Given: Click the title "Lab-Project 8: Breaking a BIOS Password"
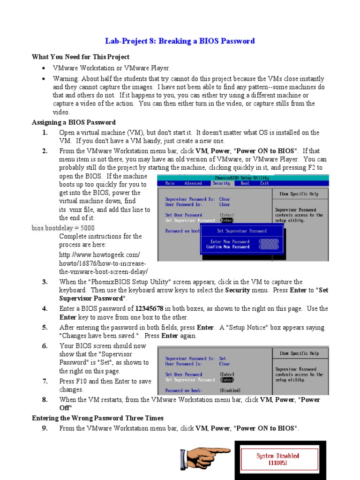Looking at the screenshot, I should pyautogui.click(x=180, y=41).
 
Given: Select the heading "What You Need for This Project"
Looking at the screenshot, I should pyautogui.click(x=80, y=57).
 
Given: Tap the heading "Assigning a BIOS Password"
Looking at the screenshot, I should pyautogui.click(x=74, y=122).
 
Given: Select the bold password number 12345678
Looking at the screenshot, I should pyautogui.click(x=149, y=308).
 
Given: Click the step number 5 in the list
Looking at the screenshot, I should pyautogui.click(x=45, y=327).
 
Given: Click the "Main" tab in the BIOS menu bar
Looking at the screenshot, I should pyautogui.click(x=170, y=183).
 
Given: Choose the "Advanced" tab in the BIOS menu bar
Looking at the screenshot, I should pyautogui.click(x=193, y=183).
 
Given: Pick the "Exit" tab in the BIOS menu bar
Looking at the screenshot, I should pyautogui.click(x=264, y=183).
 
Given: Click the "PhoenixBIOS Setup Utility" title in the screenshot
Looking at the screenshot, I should pyautogui.click(x=242, y=178).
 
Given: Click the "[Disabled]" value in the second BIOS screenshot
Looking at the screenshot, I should pyautogui.click(x=230, y=390).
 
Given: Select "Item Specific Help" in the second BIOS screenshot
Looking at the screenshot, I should pyautogui.click(x=299, y=353).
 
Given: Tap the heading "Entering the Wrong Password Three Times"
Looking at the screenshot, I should pyautogui.click(x=97, y=418).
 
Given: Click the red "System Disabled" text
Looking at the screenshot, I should pyautogui.click(x=277, y=456).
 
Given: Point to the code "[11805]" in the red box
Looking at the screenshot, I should pyautogui.click(x=277, y=463).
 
